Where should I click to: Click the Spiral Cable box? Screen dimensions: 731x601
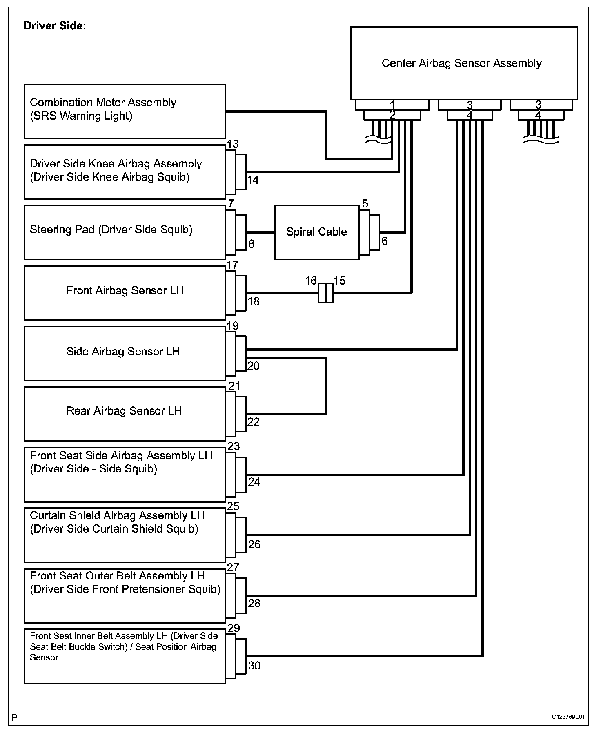point(316,232)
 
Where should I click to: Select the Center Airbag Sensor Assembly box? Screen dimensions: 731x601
point(463,63)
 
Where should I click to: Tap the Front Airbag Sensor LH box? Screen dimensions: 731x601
point(125,293)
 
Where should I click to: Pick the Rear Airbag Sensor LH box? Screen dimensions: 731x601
point(125,414)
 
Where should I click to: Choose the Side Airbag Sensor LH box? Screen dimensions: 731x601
point(125,353)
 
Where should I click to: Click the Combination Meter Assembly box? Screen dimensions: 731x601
point(125,111)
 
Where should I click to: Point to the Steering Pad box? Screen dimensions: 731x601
point(125,232)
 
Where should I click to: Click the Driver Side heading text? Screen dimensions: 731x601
point(55,26)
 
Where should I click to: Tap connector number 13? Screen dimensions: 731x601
point(233,144)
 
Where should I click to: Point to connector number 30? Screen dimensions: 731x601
point(254,666)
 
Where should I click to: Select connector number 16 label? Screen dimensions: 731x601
point(311,281)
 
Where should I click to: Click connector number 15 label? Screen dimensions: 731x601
point(339,281)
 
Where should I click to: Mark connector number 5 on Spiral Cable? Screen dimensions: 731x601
point(365,203)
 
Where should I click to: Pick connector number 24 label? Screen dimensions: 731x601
point(254,482)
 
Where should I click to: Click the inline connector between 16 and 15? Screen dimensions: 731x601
point(325,293)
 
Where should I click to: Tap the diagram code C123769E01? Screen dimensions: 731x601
point(568,716)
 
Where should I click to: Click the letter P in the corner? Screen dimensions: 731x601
point(14,717)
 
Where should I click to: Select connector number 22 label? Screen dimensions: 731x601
point(254,422)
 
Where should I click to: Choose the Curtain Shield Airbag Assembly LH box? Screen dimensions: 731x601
point(125,535)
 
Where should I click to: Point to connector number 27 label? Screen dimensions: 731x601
point(233,567)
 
